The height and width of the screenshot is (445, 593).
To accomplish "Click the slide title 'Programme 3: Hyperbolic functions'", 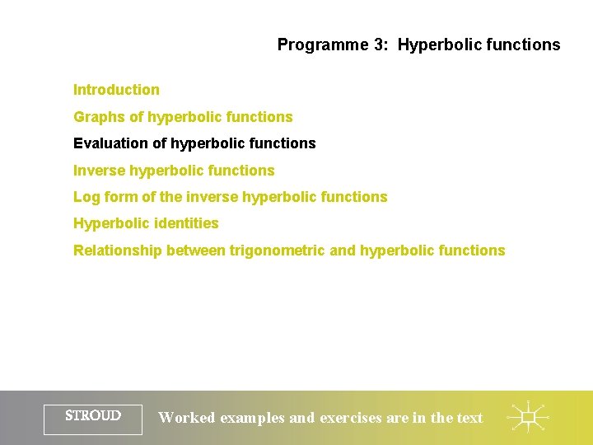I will (x=418, y=45).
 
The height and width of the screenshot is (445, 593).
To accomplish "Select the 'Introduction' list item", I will (x=116, y=90).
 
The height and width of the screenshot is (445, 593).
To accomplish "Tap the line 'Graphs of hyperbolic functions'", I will (x=183, y=117).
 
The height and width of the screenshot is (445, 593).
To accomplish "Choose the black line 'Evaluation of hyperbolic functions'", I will (x=194, y=143).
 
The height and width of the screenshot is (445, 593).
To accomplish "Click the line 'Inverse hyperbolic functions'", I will (x=174, y=171).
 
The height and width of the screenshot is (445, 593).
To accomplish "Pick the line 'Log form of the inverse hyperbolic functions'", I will (x=230, y=197).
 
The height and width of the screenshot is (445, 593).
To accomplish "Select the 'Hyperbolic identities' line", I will (x=146, y=223).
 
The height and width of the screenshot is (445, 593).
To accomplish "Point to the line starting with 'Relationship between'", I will (x=289, y=251).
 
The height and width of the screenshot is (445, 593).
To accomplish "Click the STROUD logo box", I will (x=93, y=418).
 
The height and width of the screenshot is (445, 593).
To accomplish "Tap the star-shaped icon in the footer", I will (x=528, y=418).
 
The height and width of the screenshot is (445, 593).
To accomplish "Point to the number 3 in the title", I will (x=378, y=45).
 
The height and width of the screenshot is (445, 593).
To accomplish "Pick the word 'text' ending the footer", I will (x=469, y=418).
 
